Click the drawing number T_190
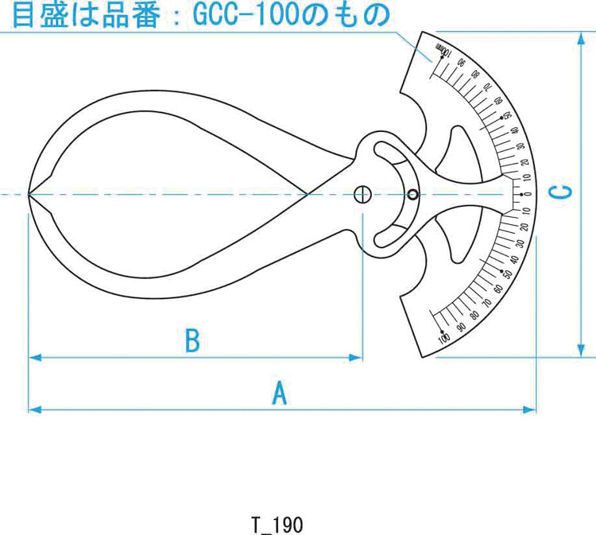[x=276, y=525]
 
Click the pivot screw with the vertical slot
[x=362, y=194]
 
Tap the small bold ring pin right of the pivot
[x=412, y=195]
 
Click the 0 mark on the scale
[x=526, y=195]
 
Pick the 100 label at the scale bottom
[x=443, y=337]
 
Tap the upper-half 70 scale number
[x=489, y=90]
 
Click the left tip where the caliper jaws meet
[x=29, y=194]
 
